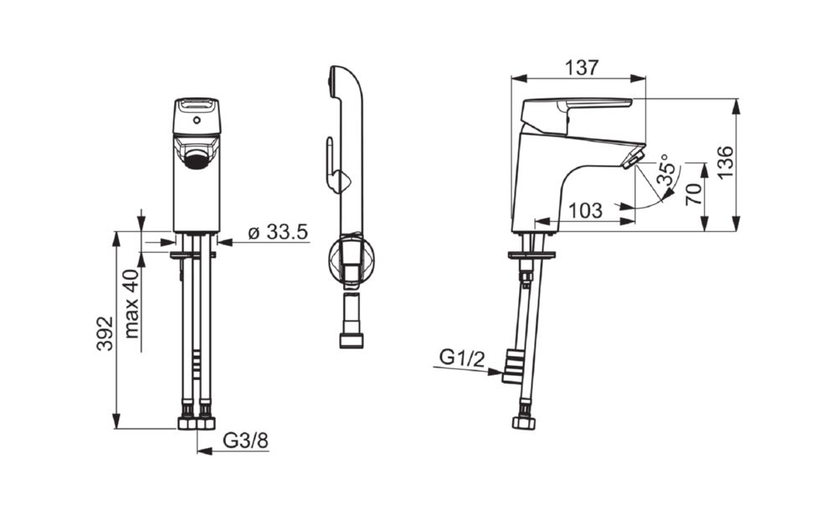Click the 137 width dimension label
(582, 68)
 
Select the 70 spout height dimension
(694, 194)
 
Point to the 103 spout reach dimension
(586, 210)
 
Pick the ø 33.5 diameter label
(278, 232)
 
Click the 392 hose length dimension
(105, 333)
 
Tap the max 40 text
(131, 303)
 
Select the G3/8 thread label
(245, 440)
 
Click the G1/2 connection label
(462, 358)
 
